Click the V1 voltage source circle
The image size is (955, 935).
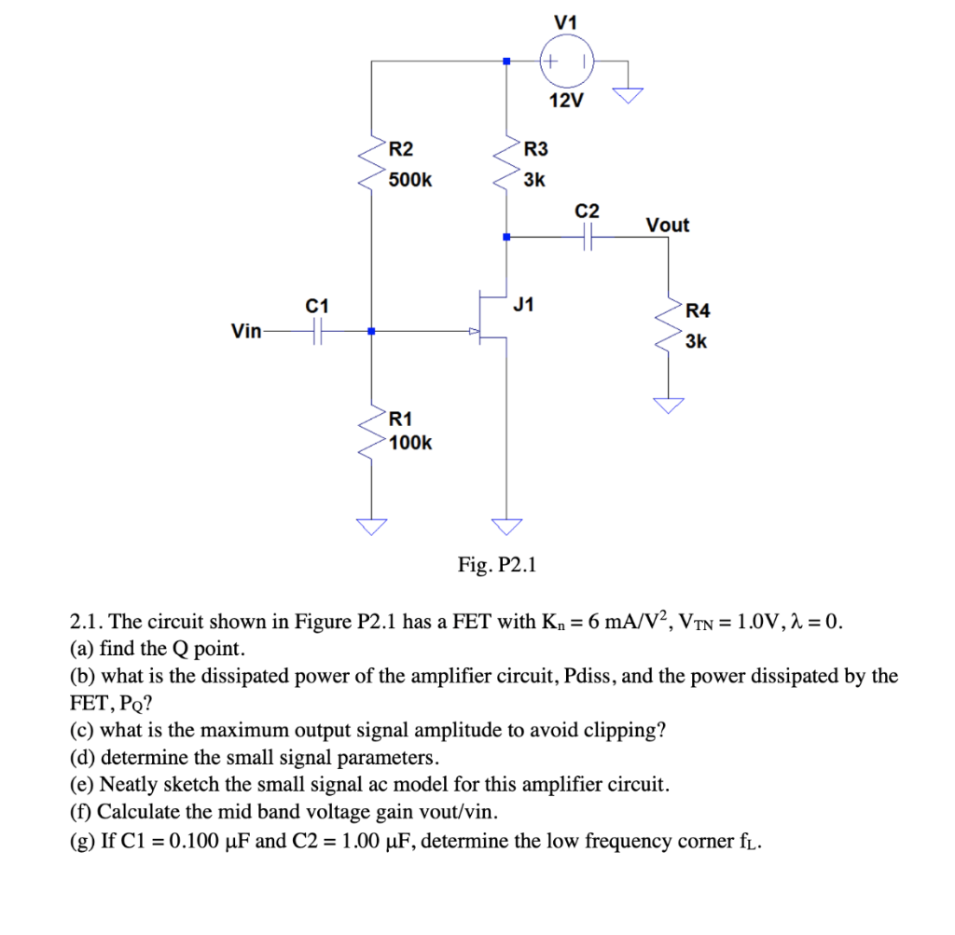tap(566, 62)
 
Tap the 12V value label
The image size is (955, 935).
tap(566, 102)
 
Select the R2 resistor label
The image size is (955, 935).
tap(402, 149)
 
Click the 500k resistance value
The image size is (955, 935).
tap(410, 179)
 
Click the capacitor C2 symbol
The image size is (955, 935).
tap(588, 238)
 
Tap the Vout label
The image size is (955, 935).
tap(667, 225)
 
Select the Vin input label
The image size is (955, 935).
tap(246, 331)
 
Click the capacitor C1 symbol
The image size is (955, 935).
tap(317, 331)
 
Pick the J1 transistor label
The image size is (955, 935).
tap(524, 303)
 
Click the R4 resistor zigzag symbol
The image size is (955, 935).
tap(668, 326)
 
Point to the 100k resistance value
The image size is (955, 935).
tap(410, 443)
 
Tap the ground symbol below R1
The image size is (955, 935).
tap(371, 527)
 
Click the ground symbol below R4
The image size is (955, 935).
tap(668, 404)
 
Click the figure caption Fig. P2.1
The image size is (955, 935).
tap(497, 565)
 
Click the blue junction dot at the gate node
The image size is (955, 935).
tap(371, 331)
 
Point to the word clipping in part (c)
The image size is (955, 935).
tap(626, 730)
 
